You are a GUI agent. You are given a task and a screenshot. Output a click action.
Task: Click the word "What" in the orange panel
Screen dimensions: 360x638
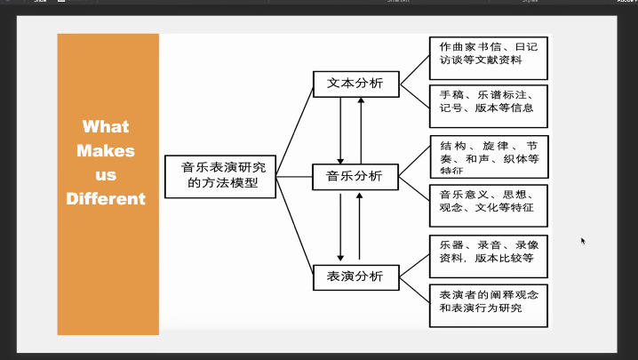[x=107, y=126]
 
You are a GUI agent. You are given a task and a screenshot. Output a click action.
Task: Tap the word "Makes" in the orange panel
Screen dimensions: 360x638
[x=107, y=150]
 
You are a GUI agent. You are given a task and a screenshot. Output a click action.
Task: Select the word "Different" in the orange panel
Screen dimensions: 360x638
[x=107, y=198]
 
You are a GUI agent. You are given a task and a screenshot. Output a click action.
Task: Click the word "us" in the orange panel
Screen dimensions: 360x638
[x=107, y=174]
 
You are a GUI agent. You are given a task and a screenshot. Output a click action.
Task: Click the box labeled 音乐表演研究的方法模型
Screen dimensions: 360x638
[x=221, y=175]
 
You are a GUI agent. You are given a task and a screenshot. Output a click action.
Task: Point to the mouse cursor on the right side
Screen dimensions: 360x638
[x=583, y=240]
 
